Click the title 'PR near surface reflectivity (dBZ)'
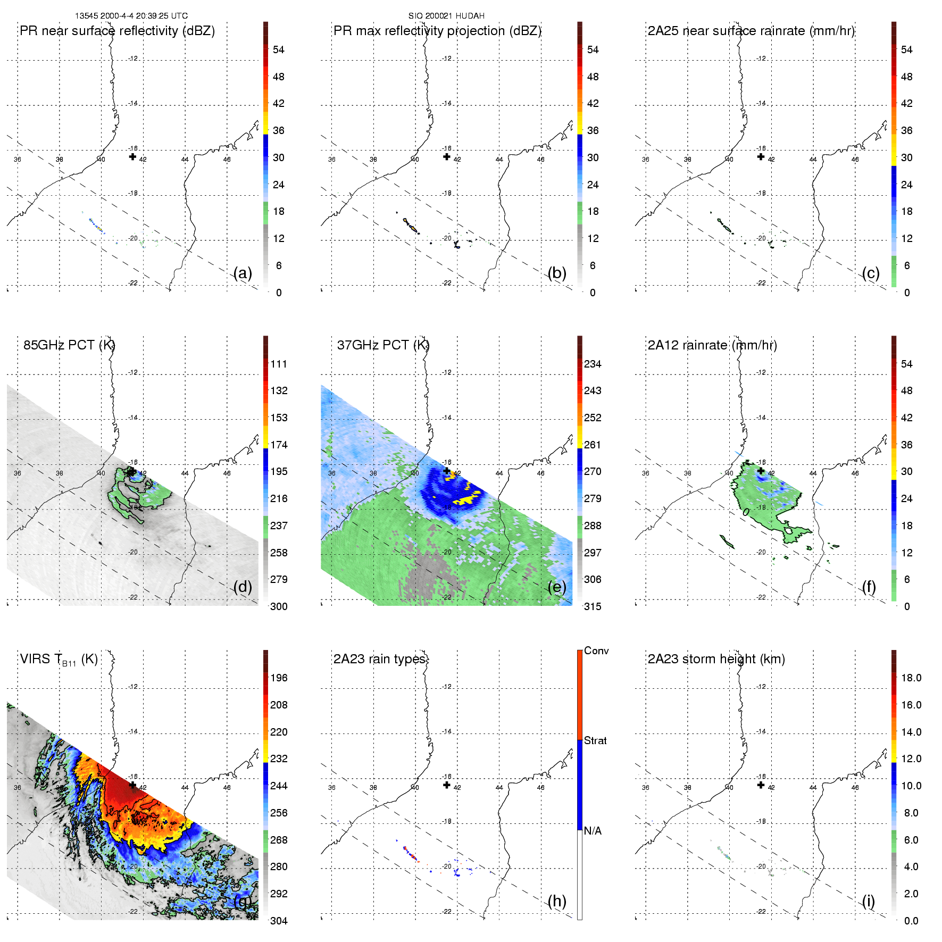(117, 31)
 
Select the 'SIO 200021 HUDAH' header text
(446, 16)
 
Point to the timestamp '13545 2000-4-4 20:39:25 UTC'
(131, 16)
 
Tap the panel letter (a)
(243, 273)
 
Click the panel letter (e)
(557, 587)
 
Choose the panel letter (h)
(557, 901)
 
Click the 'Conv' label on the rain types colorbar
(596, 651)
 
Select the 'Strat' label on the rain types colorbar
(595, 740)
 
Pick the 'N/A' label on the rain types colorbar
(593, 831)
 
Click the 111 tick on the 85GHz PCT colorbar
(279, 364)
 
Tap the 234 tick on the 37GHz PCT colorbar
(593, 364)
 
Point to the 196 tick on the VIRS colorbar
(279, 678)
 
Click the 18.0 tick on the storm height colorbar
(911, 678)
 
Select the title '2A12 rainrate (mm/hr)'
(712, 345)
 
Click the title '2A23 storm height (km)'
(716, 659)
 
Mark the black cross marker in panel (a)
(132, 156)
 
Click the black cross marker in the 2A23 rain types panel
(447, 785)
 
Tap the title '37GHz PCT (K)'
(383, 345)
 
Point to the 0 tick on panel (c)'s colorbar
(907, 293)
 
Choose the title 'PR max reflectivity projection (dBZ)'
(437, 31)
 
